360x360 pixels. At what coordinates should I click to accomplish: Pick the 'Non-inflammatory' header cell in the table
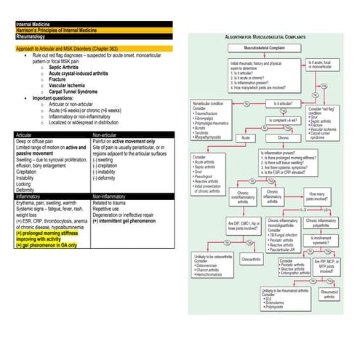tap(112, 196)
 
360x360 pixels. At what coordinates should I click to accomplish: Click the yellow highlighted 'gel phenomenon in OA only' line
tap(55, 246)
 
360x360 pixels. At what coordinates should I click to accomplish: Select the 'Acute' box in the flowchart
tap(247, 137)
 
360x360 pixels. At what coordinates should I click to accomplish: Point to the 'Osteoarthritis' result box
tap(251, 259)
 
